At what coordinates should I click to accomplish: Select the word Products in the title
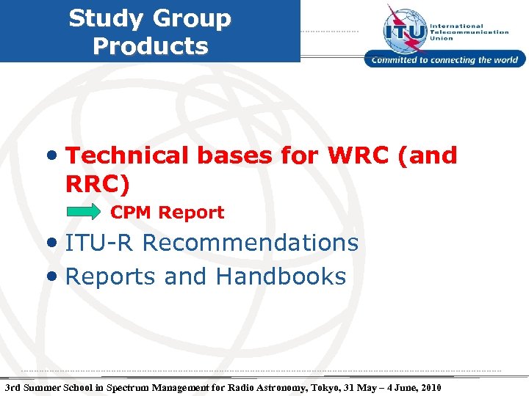coord(151,46)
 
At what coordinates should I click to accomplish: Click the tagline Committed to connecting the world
coord(445,60)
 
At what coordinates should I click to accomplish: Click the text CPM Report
coord(167,213)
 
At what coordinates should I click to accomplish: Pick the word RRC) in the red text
coord(97,185)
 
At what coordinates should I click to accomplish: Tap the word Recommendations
coord(250,243)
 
